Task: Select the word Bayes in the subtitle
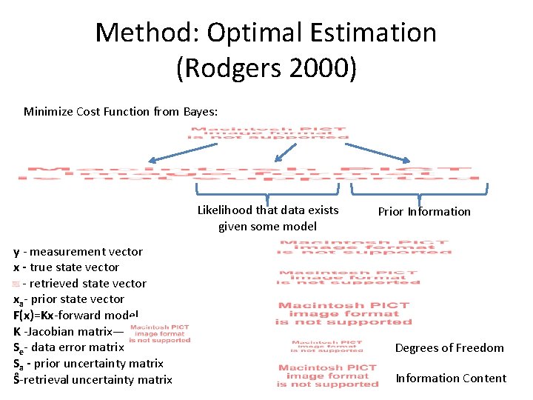tap(199, 112)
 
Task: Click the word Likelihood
tap(225, 210)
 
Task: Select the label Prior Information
tap(424, 211)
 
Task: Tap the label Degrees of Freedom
tap(449, 348)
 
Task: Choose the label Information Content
tap(451, 379)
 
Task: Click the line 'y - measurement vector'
tap(78, 252)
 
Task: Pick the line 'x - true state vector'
tap(66, 267)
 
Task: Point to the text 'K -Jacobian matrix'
tap(63, 332)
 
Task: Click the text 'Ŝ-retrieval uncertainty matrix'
tap(93, 380)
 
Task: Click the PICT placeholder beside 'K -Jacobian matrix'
tap(160, 333)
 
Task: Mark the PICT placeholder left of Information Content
tap(327, 376)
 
